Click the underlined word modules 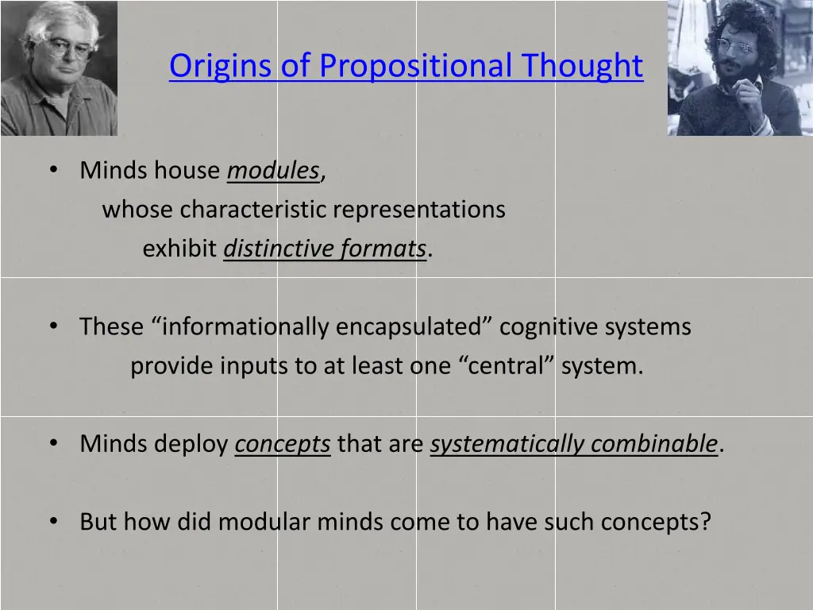pyautogui.click(x=273, y=171)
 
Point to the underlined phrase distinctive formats pyautogui.click(x=325, y=249)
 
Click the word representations pyautogui.click(x=419, y=210)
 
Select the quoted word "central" pyautogui.click(x=507, y=366)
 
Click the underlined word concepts pyautogui.click(x=283, y=444)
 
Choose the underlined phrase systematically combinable pyautogui.click(x=574, y=444)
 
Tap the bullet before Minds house pyautogui.click(x=53, y=171)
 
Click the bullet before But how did pyautogui.click(x=53, y=522)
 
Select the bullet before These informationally pyautogui.click(x=53, y=326)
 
